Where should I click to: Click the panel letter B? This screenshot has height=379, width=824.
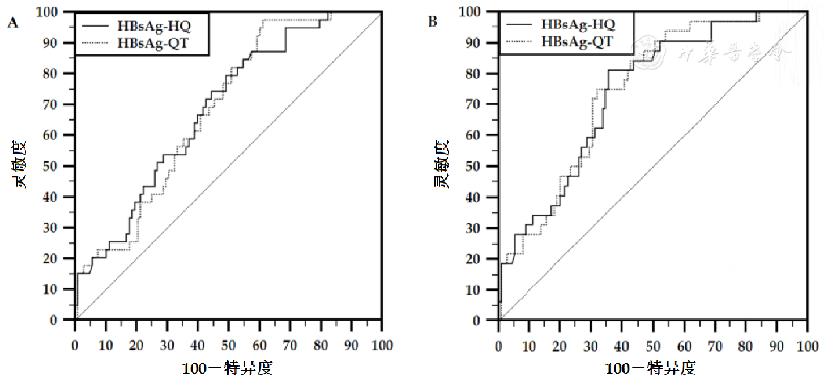pyautogui.click(x=433, y=22)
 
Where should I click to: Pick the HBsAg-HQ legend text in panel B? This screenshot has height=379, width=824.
pyautogui.click(x=578, y=24)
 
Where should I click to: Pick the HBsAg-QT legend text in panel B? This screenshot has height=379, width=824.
pyautogui.click(x=578, y=42)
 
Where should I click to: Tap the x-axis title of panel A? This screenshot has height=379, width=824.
pyautogui.click(x=228, y=369)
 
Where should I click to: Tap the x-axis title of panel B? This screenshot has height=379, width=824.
pyautogui.click(x=651, y=369)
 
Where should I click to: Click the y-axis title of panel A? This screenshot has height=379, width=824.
pyautogui.click(x=20, y=165)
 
